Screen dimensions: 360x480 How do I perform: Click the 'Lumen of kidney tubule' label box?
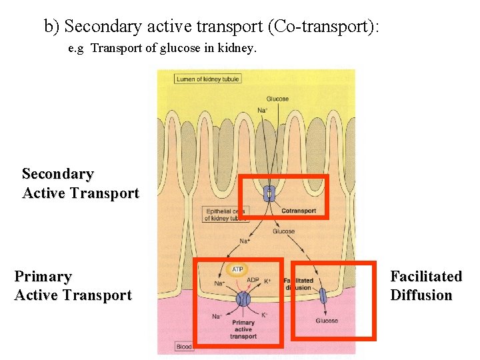[x=207, y=79]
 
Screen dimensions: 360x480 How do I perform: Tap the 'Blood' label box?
[x=184, y=347]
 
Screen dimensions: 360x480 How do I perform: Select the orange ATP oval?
[x=237, y=270]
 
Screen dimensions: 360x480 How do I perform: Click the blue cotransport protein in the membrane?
[x=269, y=193]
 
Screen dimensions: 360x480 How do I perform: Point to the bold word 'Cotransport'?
[x=298, y=211]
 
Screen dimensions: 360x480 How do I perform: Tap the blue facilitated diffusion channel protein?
[x=323, y=295]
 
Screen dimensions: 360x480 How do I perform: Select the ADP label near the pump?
[x=253, y=281]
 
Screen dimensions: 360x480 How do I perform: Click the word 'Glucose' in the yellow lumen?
[x=277, y=99]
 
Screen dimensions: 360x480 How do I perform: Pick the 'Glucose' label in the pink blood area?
[x=327, y=321]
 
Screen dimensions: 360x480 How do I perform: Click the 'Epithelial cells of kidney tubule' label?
[x=225, y=215]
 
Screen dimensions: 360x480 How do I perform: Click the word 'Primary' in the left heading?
[x=43, y=276]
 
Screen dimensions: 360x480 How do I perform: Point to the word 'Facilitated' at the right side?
[x=425, y=276]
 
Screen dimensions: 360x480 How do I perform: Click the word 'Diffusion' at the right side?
[x=421, y=295]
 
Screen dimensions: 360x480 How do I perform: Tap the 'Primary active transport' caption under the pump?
[x=243, y=329]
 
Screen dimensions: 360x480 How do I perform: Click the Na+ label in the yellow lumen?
[x=262, y=110]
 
